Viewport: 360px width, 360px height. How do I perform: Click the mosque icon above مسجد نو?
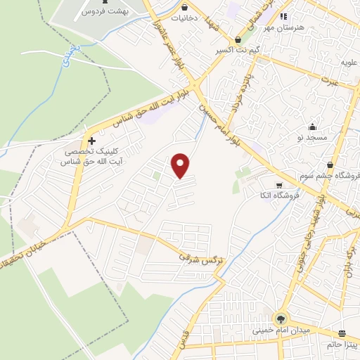[x=311, y=125]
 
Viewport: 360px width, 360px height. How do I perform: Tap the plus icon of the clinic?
[x=92, y=140]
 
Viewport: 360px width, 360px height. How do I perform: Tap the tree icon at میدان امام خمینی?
[x=282, y=318]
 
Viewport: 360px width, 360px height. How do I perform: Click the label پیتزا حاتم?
[x=342, y=345]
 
